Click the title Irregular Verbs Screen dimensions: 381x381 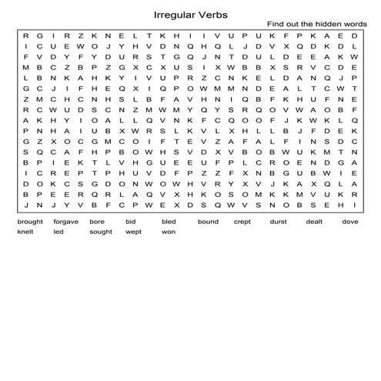tap(190, 13)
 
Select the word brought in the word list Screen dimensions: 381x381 tap(29, 222)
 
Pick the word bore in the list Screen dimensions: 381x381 tap(97, 222)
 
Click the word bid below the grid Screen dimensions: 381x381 tap(130, 222)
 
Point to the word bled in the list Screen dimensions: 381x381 tap(169, 222)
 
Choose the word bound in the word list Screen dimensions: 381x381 tap(208, 222)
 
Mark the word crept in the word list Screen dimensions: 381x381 tap(242, 222)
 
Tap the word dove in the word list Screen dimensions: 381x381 tap(350, 222)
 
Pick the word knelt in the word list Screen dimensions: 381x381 tap(26, 232)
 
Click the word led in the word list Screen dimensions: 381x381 tap(58, 232)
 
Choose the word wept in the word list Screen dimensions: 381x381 tap(133, 232)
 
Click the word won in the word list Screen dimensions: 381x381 tap(168, 232)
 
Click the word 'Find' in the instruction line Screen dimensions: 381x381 tap(276, 25)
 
